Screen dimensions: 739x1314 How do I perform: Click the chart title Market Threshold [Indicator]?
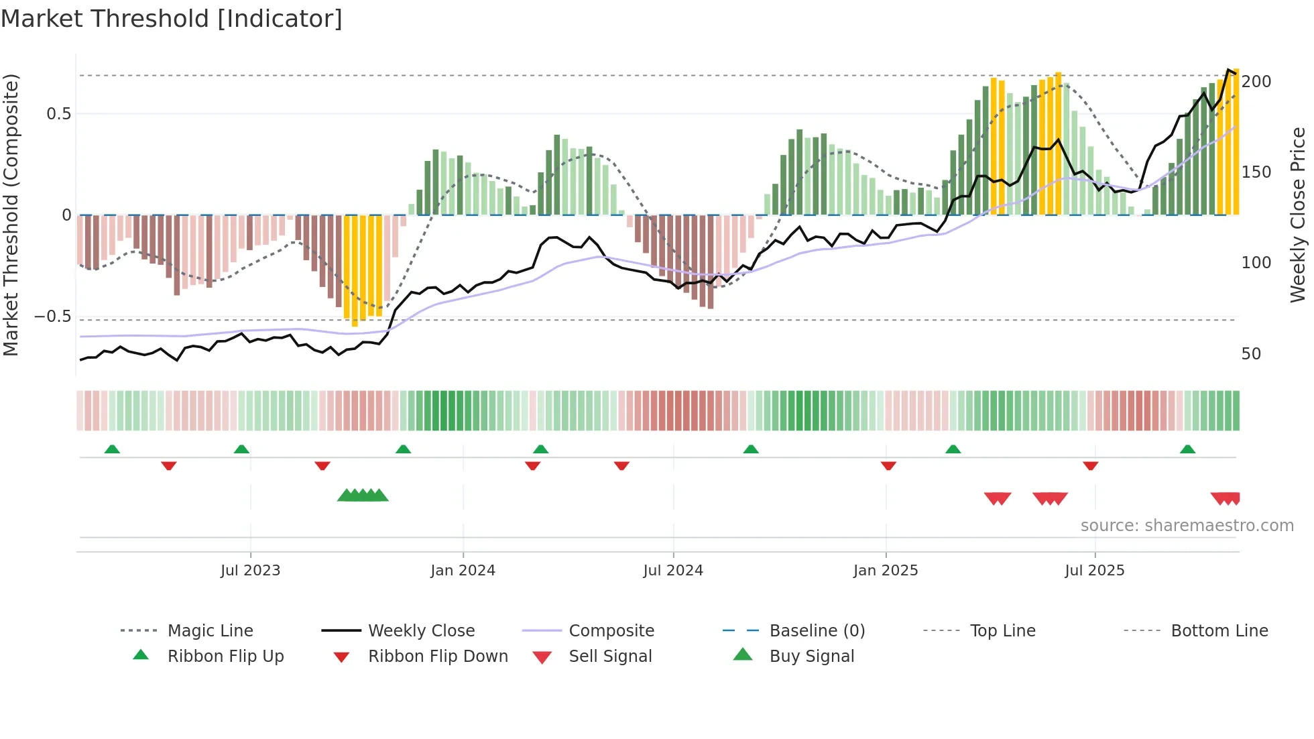click(x=172, y=19)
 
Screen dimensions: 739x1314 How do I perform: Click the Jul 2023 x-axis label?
click(x=250, y=571)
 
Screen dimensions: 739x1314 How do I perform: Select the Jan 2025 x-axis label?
click(x=885, y=571)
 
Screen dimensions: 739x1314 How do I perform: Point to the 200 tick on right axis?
click(x=1256, y=82)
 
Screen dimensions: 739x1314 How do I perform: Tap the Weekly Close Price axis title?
click(x=1298, y=215)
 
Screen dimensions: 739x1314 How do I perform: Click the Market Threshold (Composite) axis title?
click(x=11, y=215)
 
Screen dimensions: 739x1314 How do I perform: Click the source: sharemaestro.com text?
click(x=1187, y=526)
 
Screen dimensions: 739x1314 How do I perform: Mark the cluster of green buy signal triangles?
click(x=363, y=496)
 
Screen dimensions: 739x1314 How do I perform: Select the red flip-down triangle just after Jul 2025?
click(x=1090, y=465)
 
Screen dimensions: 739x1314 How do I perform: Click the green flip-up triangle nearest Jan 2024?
click(x=403, y=449)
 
